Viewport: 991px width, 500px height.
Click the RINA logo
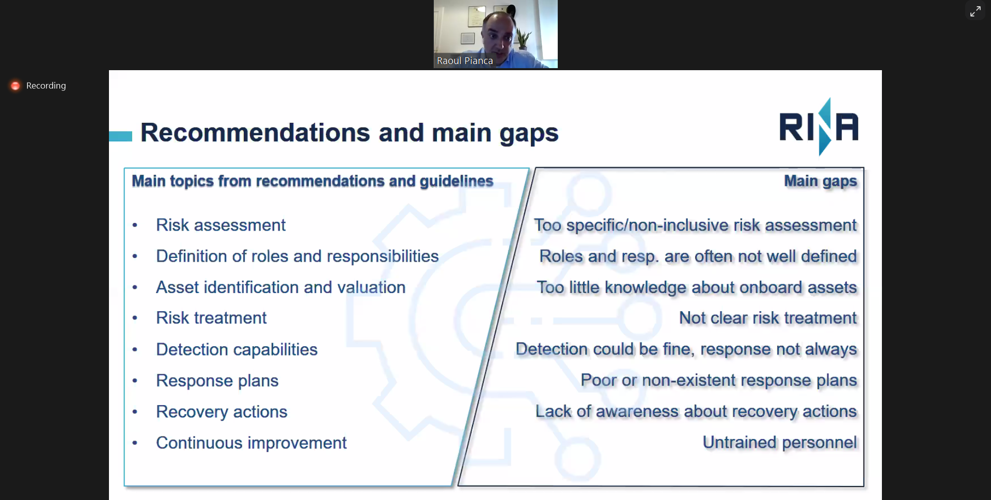(819, 127)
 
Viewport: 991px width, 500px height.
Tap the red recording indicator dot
(15, 86)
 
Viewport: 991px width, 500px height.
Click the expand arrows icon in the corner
(975, 11)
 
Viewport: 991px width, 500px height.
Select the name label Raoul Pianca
(465, 61)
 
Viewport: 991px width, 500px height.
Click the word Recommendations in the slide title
(255, 133)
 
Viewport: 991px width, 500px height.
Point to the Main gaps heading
(820, 181)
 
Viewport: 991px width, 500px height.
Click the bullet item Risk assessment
(221, 225)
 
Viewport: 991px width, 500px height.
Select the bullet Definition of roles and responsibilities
(297, 256)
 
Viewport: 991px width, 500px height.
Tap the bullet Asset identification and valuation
(280, 287)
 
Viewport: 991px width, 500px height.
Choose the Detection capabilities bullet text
(237, 350)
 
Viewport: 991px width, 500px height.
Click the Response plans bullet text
(217, 381)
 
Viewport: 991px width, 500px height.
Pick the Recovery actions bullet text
(222, 412)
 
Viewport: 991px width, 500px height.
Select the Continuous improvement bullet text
(251, 443)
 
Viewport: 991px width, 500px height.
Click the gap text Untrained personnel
(779, 443)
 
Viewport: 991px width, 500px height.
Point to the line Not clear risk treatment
(767, 318)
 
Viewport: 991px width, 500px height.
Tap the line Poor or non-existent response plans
(718, 380)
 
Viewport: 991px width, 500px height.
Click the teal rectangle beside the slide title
(120, 136)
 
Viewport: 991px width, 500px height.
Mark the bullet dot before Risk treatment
(135, 318)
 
